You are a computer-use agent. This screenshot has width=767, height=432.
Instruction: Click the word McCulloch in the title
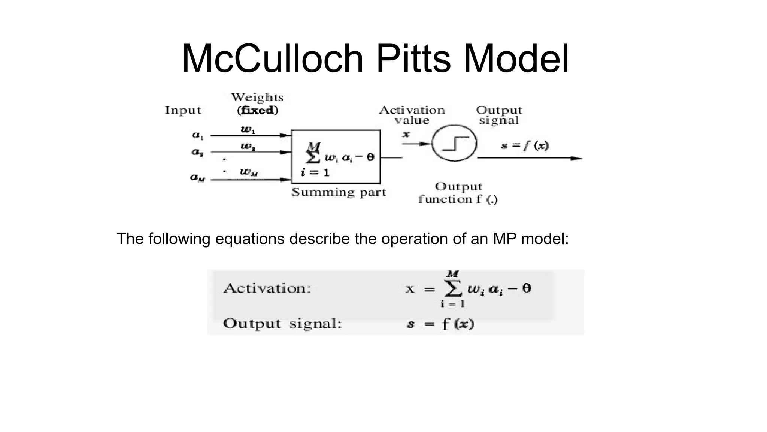[x=273, y=59]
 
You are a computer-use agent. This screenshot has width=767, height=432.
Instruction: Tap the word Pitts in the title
[x=413, y=59]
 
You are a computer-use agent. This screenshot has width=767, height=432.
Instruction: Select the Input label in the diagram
[x=183, y=110]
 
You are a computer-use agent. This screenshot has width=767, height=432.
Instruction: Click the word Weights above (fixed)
[x=257, y=97]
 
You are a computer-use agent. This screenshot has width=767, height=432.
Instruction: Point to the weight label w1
[x=248, y=130]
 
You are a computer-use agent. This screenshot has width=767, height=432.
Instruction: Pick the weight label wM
[x=249, y=172]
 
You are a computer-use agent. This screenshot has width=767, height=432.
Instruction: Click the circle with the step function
[x=454, y=125]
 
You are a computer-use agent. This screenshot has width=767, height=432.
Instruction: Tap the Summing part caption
[x=339, y=192]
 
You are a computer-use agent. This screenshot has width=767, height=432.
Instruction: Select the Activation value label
[x=412, y=115]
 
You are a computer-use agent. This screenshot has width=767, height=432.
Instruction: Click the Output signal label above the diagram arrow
[x=499, y=115]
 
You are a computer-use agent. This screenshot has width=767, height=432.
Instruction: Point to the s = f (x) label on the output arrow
[x=525, y=145]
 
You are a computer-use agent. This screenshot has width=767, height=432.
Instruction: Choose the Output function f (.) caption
[x=458, y=193]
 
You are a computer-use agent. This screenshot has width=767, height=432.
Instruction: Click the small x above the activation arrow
[x=406, y=134]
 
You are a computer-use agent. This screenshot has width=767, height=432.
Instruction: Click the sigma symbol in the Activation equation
[x=452, y=288]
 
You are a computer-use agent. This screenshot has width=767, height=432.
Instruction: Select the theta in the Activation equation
[x=527, y=288]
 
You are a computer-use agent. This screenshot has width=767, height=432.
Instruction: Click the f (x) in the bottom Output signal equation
[x=458, y=324]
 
